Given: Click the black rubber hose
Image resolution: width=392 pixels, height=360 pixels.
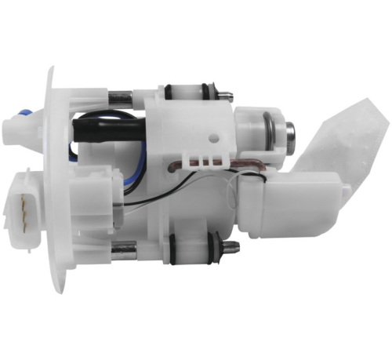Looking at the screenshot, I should (110, 122).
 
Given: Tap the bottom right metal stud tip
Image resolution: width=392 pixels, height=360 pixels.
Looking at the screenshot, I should (234, 251).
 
